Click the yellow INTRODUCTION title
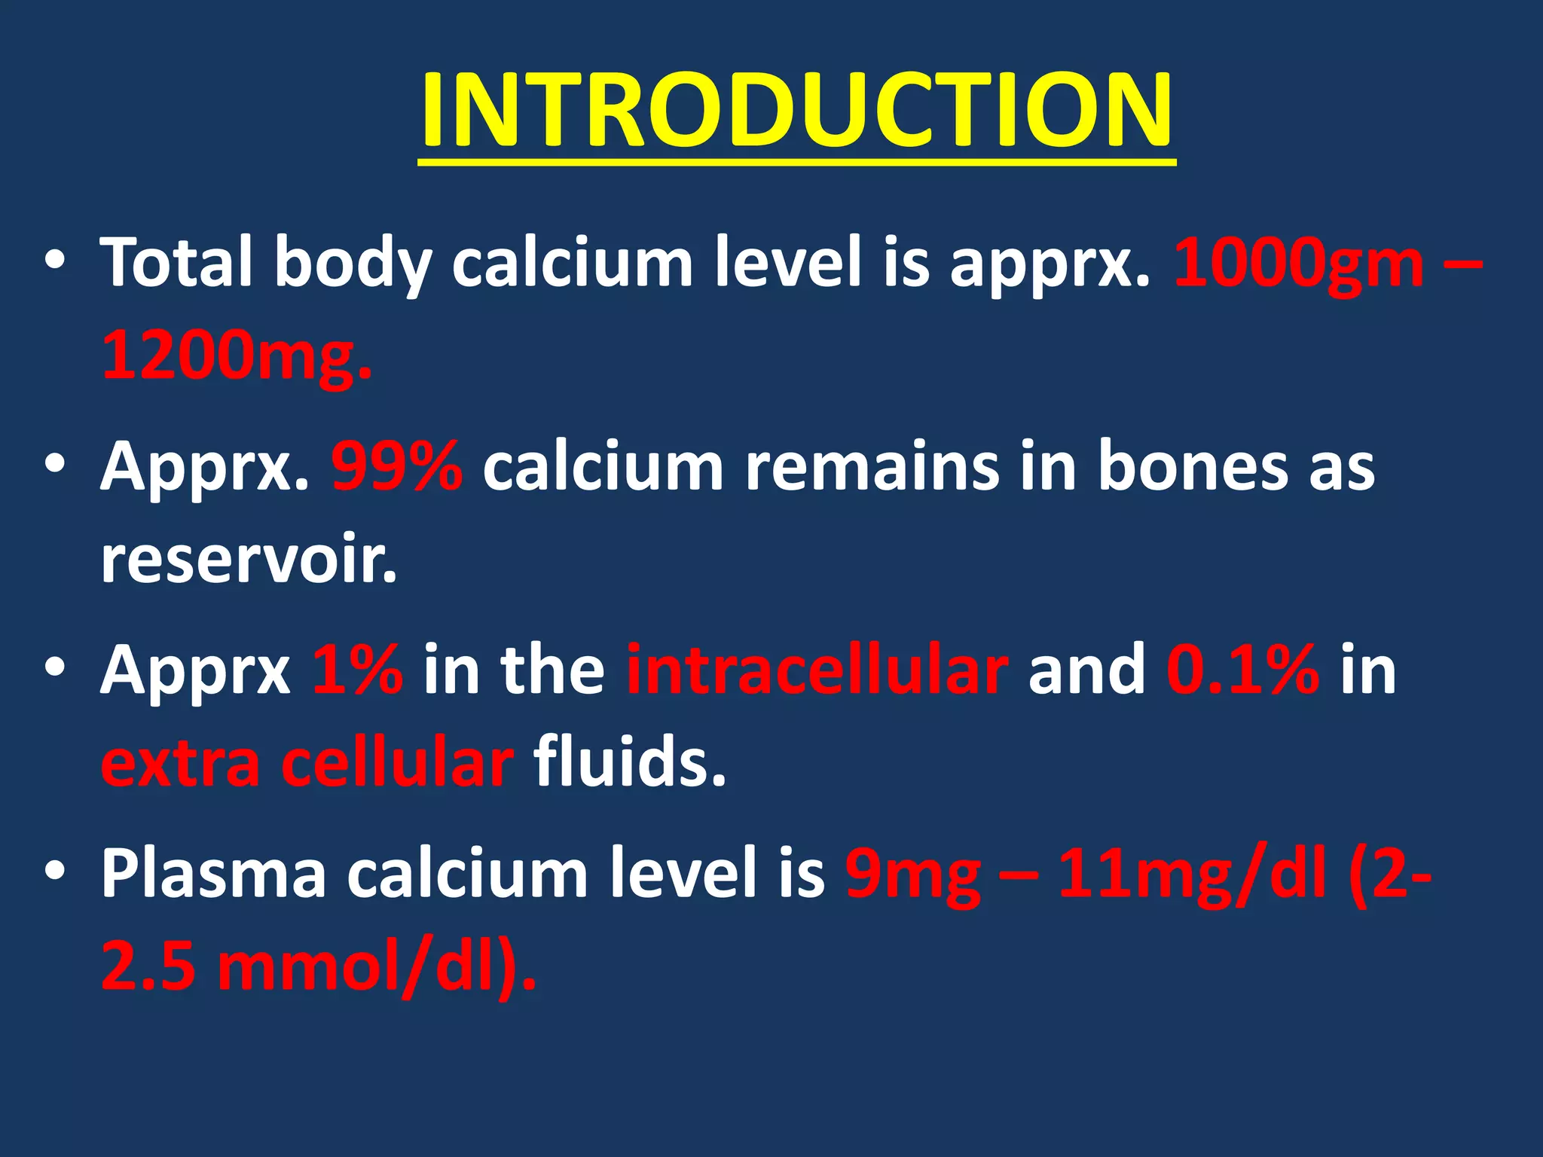796,111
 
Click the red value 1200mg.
235,356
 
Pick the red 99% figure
397,467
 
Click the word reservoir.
249,560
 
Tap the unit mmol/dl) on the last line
377,967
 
